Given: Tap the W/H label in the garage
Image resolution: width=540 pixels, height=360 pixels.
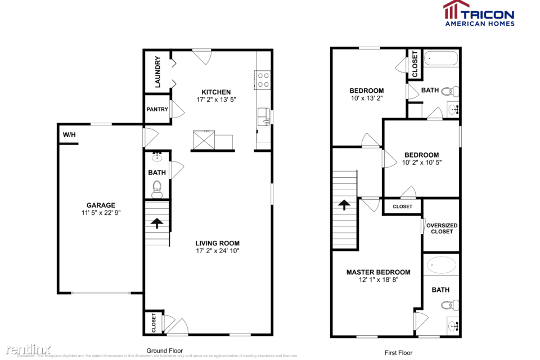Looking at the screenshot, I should [69, 136].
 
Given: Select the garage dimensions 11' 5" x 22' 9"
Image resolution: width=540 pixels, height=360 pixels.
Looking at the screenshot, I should [101, 213].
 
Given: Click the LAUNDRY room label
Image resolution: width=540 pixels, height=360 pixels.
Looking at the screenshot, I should [158, 71].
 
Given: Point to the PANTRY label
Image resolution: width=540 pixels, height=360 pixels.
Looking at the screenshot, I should [157, 109].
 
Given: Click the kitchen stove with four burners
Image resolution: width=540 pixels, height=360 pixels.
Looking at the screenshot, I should [262, 79].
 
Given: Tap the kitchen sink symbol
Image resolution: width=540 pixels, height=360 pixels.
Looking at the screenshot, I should [263, 118].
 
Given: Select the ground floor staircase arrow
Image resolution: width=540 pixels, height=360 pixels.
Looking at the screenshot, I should [157, 223].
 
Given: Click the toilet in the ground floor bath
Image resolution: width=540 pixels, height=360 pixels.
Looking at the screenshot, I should [157, 188].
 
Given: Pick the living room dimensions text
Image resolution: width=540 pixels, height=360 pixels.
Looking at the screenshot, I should [217, 250].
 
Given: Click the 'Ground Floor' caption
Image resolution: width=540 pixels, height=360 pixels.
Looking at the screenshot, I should [164, 350].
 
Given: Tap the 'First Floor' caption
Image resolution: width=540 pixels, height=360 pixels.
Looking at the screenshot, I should [398, 353].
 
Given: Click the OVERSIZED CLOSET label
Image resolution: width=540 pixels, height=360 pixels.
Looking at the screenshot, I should [442, 228].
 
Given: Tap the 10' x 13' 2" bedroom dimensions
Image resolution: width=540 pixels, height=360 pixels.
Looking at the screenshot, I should [366, 98].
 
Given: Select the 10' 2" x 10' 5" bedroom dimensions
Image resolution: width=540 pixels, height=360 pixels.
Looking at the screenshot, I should [421, 163].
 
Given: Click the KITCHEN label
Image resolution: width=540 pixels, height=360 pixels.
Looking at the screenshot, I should [217, 92].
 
